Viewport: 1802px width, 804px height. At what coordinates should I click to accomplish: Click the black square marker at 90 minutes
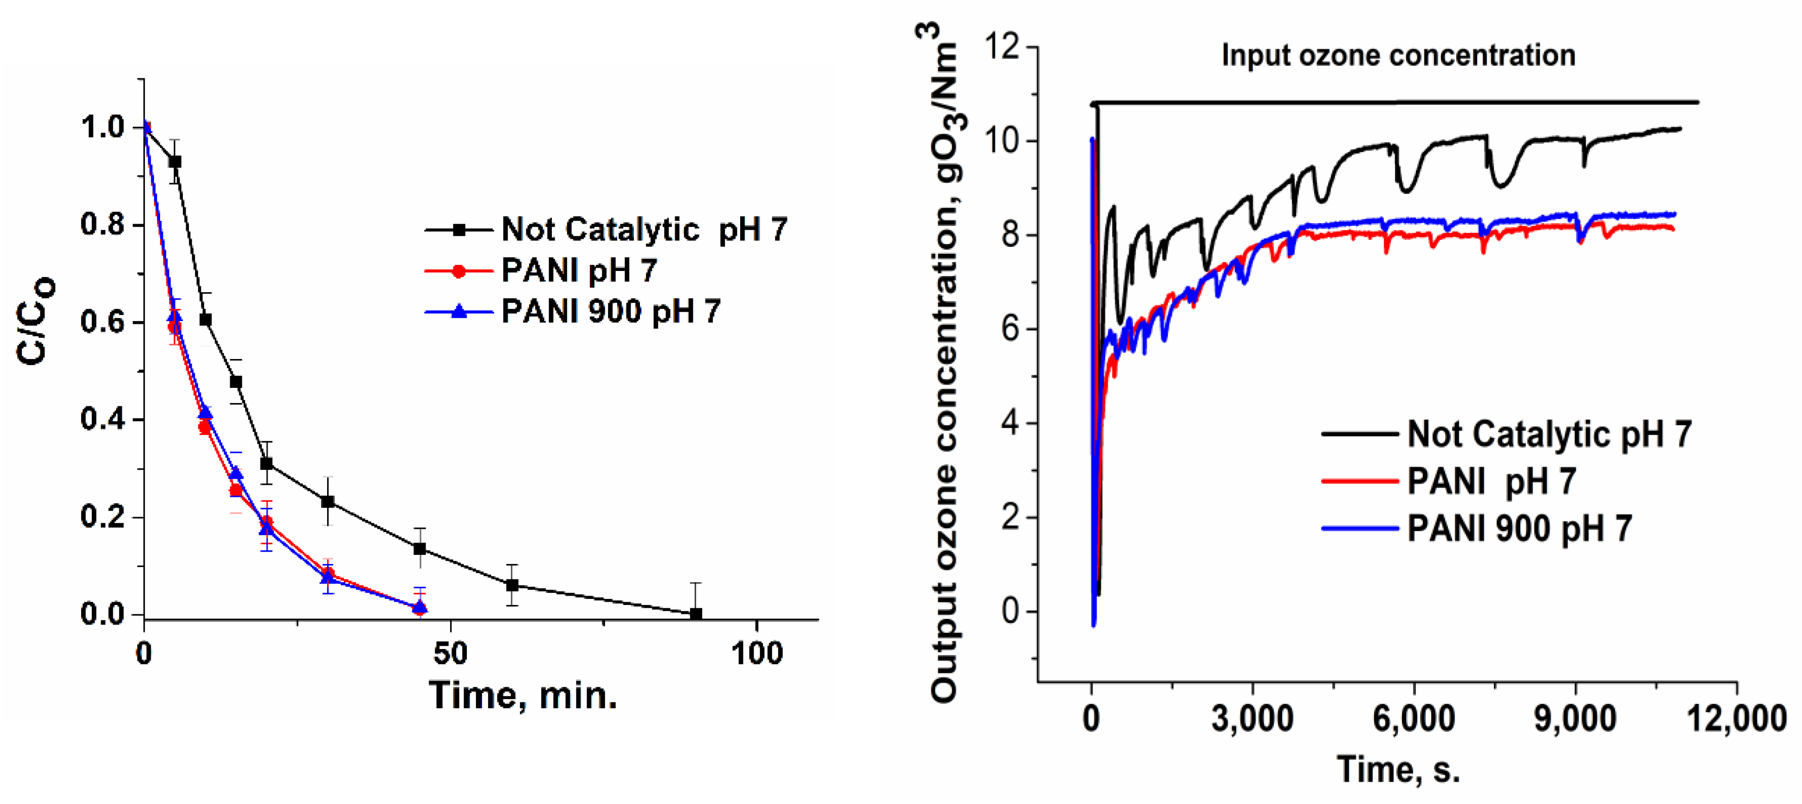(696, 614)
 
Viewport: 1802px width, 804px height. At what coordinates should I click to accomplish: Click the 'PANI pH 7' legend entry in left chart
(579, 270)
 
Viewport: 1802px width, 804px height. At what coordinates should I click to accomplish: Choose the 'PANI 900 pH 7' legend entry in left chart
(611, 311)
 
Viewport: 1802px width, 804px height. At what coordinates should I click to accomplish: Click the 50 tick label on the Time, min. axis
(450, 654)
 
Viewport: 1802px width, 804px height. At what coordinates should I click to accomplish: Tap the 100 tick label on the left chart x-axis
(757, 654)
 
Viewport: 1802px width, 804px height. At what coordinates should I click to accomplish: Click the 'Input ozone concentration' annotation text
(1398, 55)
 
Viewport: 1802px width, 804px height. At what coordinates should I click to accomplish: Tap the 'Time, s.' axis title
(1398, 770)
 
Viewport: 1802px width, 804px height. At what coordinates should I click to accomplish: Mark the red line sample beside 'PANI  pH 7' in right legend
(1359, 481)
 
